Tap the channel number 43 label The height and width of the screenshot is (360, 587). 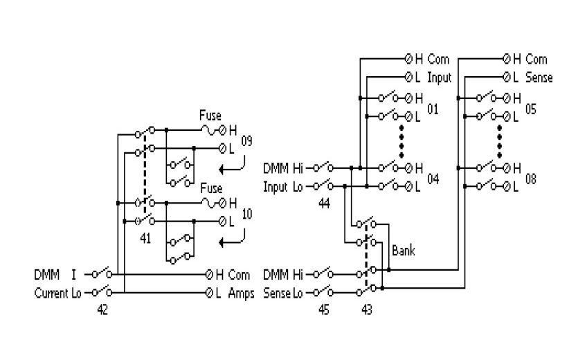point(366,310)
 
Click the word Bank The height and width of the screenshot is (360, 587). point(403,251)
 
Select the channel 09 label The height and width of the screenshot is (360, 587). point(247,143)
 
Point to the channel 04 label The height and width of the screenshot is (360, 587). point(433,179)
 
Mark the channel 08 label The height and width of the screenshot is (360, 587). point(531,179)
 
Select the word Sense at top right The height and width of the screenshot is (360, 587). point(539,78)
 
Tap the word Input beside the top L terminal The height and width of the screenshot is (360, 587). point(439,78)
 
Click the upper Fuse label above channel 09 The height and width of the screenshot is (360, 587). point(210,115)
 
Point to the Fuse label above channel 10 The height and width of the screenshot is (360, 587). point(210,188)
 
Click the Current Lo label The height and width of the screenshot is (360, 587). point(59,293)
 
